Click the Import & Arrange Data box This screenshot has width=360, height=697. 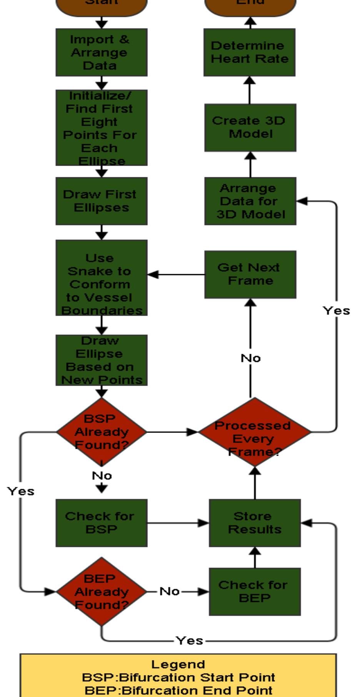(101, 52)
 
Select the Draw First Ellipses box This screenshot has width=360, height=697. (101, 201)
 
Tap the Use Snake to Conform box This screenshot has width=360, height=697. (101, 278)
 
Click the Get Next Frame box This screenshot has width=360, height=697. (250, 274)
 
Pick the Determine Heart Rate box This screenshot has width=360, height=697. (249, 52)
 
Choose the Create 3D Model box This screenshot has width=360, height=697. (250, 127)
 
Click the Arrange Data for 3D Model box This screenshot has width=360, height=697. (250, 201)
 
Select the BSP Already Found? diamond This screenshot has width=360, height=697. (101, 432)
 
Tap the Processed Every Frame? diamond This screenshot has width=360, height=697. (254, 432)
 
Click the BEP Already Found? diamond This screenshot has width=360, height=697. (101, 591)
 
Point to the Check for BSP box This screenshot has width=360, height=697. (101, 523)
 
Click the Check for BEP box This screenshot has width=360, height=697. (254, 592)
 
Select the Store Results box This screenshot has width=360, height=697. (254, 523)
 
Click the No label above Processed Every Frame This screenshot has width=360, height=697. (250, 358)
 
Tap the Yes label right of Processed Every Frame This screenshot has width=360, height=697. (336, 311)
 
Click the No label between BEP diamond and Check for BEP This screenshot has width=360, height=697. (169, 591)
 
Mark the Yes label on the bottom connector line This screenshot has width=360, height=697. (189, 641)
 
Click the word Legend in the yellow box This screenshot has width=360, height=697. (178, 664)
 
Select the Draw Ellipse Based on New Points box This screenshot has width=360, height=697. (101, 360)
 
